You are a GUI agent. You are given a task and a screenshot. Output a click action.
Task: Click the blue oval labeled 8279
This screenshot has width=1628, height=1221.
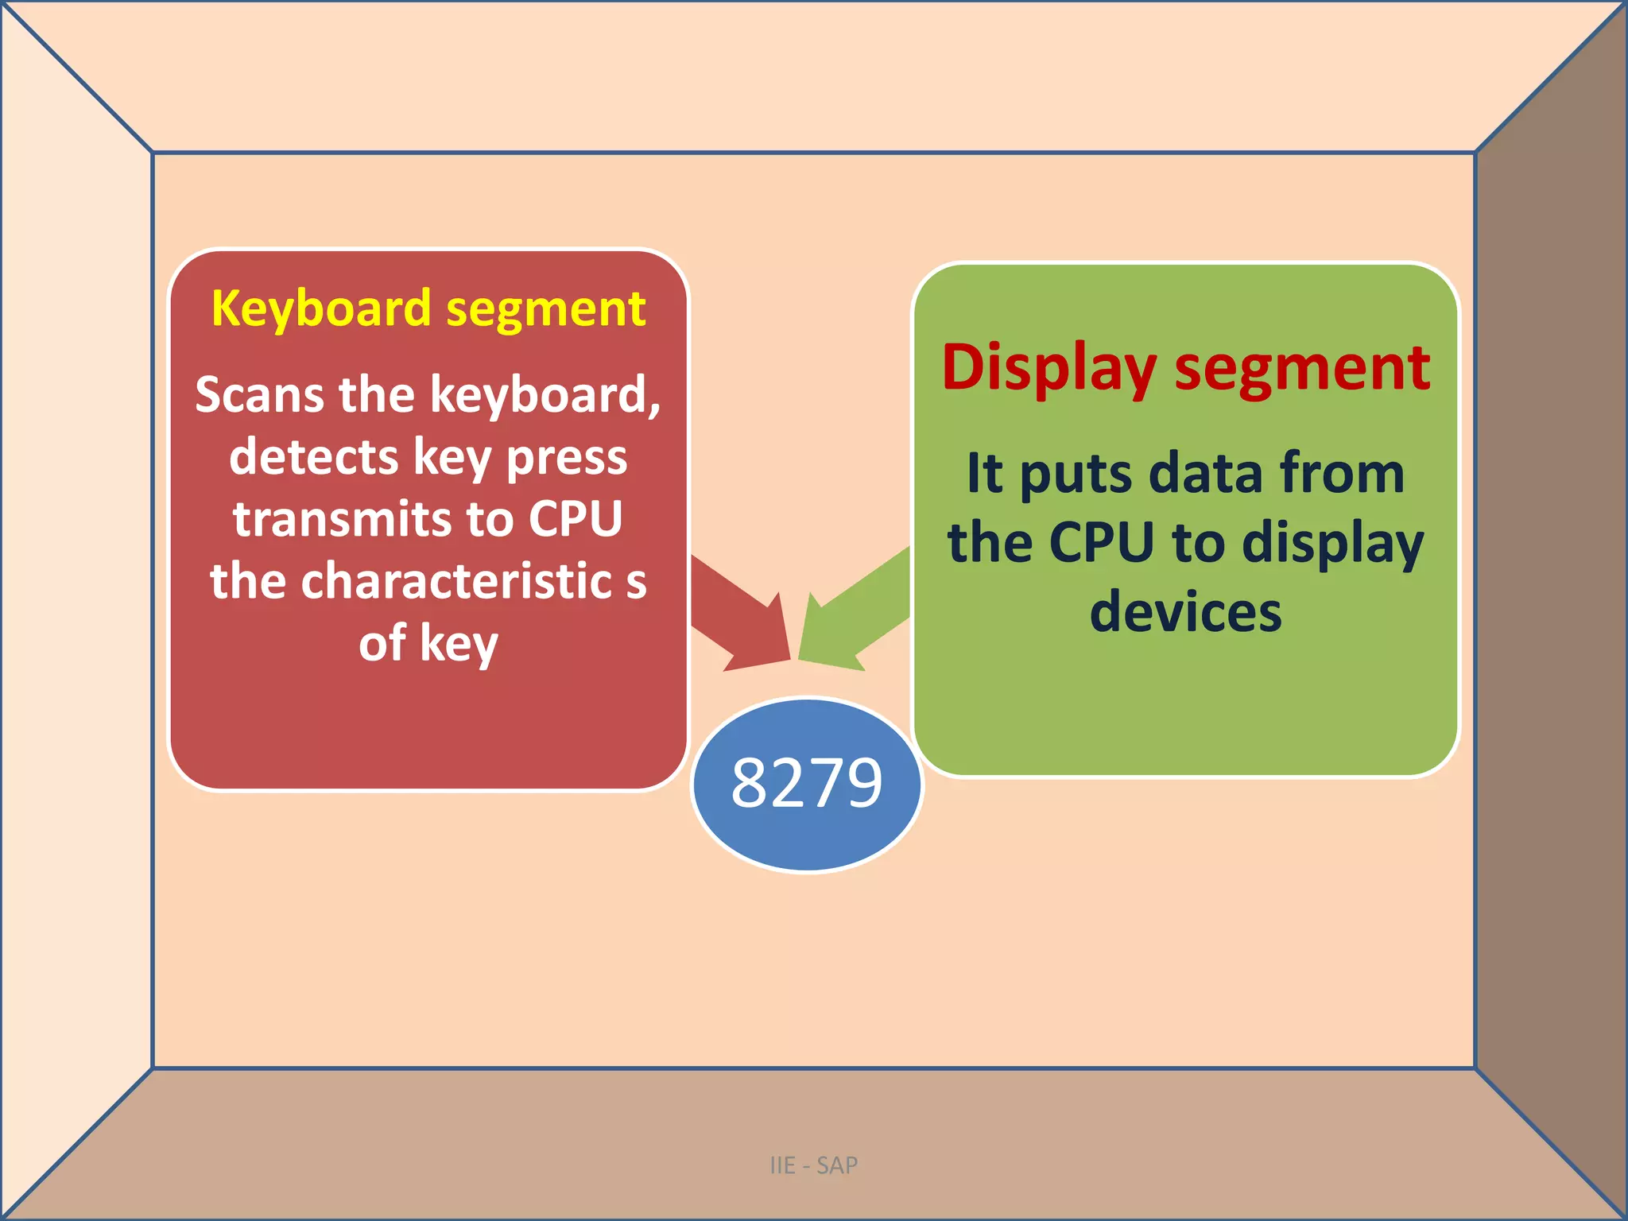pyautogui.click(x=807, y=784)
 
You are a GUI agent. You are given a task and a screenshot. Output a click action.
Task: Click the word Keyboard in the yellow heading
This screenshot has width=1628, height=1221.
pyautogui.click(x=320, y=308)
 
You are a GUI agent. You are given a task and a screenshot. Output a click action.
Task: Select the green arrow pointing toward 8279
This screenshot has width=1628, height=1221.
pyautogui.click(x=851, y=616)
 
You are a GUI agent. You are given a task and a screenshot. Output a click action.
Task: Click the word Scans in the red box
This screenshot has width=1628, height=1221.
pyautogui.click(x=260, y=394)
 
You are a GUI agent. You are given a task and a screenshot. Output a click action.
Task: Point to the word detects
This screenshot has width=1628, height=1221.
pyautogui.click(x=313, y=457)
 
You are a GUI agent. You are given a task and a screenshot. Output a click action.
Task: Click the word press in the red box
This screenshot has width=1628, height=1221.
pyautogui.click(x=567, y=459)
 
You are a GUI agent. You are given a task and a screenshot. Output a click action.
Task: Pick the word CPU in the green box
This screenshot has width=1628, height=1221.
pyautogui.click(x=1101, y=543)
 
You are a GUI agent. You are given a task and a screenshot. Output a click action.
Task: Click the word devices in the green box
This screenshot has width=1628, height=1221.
pyautogui.click(x=1185, y=612)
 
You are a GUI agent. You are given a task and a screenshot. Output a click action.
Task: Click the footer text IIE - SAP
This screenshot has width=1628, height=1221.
pyautogui.click(x=813, y=1165)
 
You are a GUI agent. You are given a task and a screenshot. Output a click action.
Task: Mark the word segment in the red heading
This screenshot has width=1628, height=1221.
pyautogui.click(x=1302, y=370)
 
